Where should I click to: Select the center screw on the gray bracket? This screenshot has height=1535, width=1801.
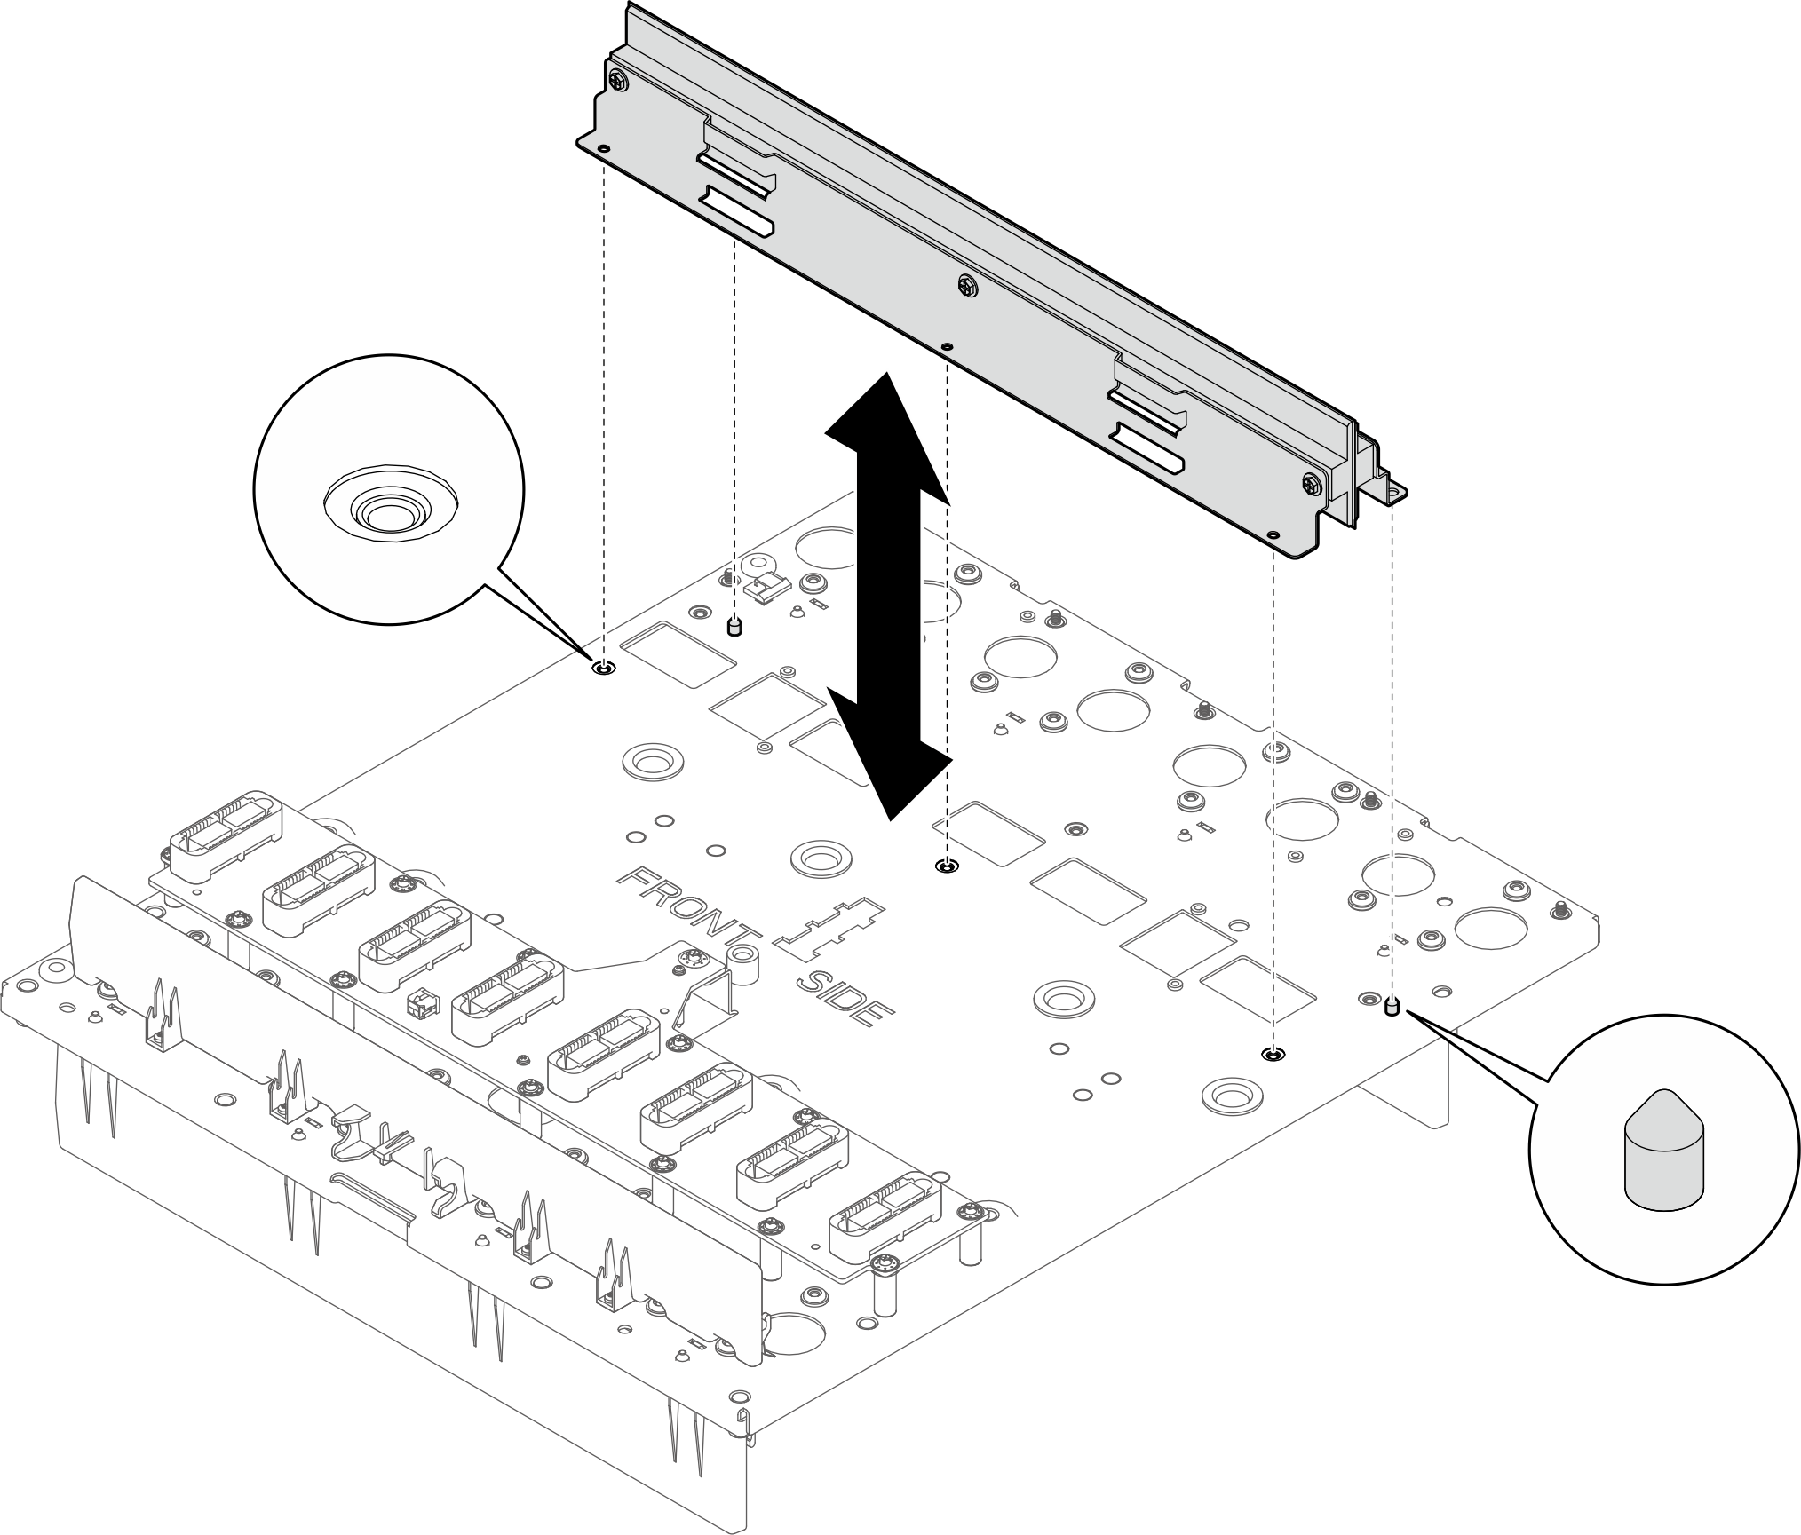[x=967, y=286]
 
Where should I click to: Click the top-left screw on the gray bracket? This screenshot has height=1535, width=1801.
[x=619, y=81]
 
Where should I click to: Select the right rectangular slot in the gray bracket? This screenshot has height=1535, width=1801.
[x=1149, y=447]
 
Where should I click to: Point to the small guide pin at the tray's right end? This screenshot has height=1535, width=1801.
[x=1392, y=1007]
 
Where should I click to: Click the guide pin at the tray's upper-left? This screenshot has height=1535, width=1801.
[x=734, y=627]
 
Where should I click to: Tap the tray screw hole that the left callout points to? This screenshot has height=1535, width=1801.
[x=603, y=668]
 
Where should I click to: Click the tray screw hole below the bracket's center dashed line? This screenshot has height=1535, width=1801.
[x=948, y=866]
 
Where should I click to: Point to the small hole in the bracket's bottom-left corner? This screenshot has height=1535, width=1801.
[x=604, y=149]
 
